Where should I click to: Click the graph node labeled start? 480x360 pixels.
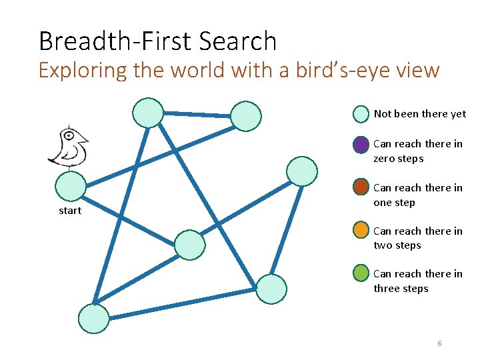click(x=70, y=187)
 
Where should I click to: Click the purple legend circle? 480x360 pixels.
click(x=361, y=145)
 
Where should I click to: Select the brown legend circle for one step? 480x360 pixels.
click(x=361, y=187)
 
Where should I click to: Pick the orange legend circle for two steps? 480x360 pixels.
click(x=361, y=231)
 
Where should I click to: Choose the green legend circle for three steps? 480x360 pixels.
click(x=361, y=274)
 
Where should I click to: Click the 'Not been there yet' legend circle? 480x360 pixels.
click(x=361, y=114)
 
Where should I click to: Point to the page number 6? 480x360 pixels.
click(x=439, y=343)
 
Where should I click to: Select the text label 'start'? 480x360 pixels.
click(x=70, y=211)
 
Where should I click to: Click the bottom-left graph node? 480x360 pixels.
click(x=93, y=319)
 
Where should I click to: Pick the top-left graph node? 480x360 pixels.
click(x=147, y=113)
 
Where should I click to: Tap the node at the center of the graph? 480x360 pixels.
click(x=190, y=245)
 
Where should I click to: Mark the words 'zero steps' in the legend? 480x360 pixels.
click(x=398, y=159)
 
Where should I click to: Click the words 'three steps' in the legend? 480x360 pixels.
click(x=401, y=289)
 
